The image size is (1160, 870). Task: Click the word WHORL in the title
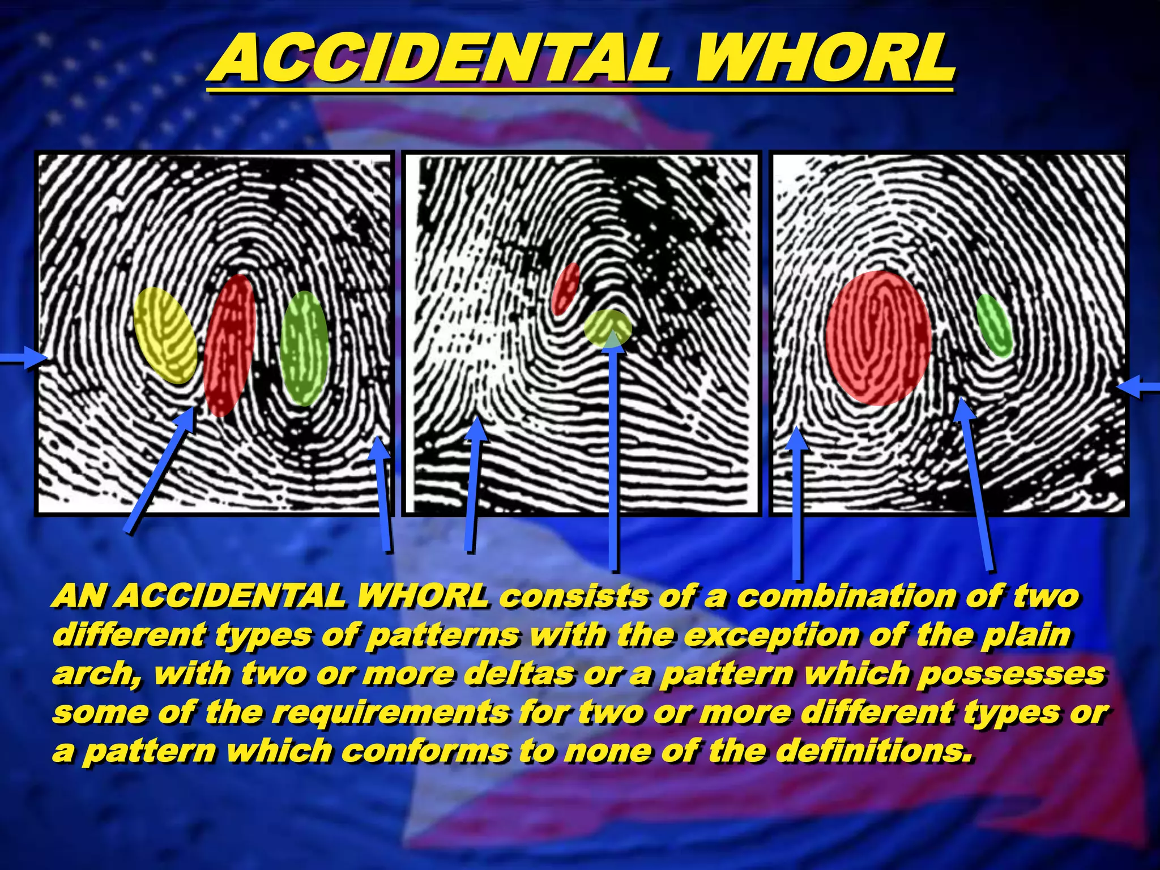825,59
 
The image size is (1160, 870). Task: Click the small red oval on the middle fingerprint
565,289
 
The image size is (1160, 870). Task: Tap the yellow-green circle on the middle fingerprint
608,328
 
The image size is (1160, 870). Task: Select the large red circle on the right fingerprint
878,338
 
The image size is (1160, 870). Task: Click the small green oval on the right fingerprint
995,325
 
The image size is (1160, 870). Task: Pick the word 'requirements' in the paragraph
391,713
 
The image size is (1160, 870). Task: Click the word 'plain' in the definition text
1026,636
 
